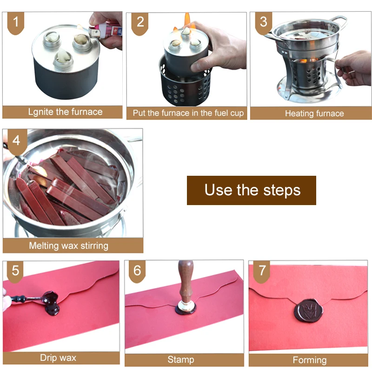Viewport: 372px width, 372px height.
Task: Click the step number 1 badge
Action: point(16,23)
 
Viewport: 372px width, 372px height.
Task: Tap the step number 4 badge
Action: point(16,142)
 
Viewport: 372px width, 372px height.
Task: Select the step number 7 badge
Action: point(262,272)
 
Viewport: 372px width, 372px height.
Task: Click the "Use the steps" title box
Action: point(252,190)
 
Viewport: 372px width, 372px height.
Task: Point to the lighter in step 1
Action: point(105,31)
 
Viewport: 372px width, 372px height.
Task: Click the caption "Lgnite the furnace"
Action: point(65,112)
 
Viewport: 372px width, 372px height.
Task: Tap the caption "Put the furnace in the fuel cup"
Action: point(188,113)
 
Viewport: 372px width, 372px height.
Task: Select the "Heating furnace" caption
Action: point(314,113)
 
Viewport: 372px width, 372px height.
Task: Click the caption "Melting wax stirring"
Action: point(68,246)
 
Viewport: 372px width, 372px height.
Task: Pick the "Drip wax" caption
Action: point(58,358)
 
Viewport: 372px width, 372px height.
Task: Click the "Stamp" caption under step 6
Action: point(181,359)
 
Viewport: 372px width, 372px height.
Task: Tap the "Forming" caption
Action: point(310,360)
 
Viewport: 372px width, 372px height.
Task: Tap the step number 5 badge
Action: point(15,272)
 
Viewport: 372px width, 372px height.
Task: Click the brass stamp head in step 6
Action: point(186,306)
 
